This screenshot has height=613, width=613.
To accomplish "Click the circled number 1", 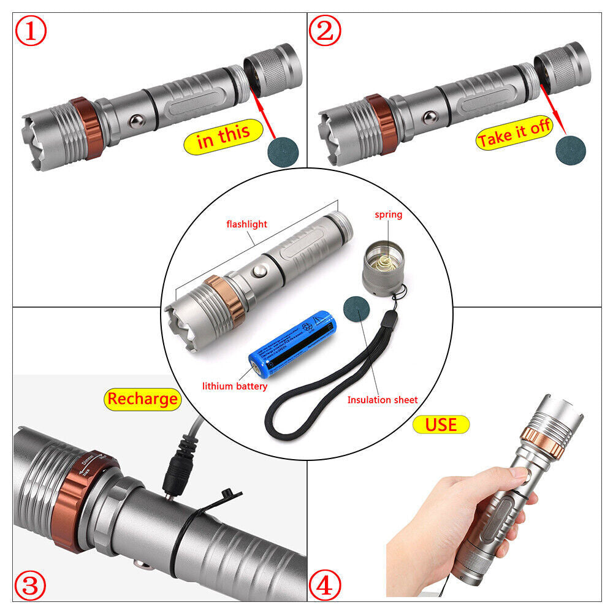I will click(31, 32).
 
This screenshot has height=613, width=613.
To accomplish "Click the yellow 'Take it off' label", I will click(514, 135).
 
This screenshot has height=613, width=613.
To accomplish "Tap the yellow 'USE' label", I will click(441, 424).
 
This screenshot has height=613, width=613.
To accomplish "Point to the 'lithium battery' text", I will click(235, 386).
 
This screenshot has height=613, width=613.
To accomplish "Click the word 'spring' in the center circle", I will click(388, 215).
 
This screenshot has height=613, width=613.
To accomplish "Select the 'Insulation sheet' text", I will click(382, 400).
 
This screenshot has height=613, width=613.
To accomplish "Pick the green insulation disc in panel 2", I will click(570, 148).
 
